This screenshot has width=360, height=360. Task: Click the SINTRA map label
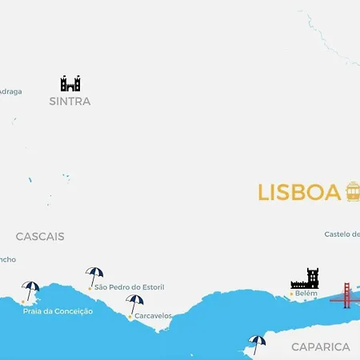70,102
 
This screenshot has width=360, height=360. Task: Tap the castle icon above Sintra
70,83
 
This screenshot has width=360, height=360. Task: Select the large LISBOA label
298,193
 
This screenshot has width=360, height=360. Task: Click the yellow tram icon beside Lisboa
353,191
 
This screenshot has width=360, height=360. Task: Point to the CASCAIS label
40,237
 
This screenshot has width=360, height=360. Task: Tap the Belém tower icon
305,278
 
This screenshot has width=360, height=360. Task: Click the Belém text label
306,294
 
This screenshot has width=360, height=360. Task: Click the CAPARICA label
320,346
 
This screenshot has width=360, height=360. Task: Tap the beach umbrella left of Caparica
257,343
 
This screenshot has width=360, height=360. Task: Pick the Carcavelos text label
153,316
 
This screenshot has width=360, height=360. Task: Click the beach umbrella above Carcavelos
134,303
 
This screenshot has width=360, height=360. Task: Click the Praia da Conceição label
58,311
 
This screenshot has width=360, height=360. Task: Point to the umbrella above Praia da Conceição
30,290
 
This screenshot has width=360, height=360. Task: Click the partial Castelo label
342,234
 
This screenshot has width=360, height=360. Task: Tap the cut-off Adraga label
10,91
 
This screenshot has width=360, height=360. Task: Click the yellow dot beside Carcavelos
130,317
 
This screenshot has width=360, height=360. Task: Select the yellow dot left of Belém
291,294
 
